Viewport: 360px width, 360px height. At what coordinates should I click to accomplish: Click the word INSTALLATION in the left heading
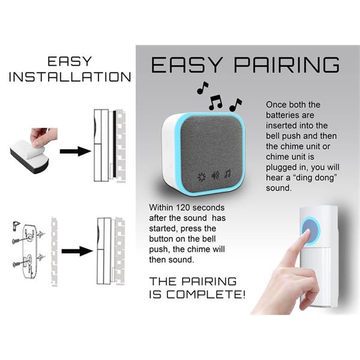70,77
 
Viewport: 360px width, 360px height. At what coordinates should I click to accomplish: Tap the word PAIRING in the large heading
287,65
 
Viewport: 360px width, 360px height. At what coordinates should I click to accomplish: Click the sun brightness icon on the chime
202,177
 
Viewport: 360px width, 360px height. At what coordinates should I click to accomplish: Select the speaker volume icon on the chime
215,175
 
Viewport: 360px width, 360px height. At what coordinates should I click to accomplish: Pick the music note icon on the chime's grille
228,174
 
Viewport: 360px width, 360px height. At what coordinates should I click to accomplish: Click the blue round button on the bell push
310,230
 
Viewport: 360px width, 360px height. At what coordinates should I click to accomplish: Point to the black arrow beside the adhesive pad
76,151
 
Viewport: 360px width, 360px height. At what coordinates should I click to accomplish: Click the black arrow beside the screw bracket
77,251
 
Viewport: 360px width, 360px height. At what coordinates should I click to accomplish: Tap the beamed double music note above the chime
215,102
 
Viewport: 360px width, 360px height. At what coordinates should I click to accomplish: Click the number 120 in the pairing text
183,208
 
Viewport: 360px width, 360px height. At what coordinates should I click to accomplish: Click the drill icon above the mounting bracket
16,225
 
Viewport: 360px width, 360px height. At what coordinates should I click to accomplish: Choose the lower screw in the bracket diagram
20,263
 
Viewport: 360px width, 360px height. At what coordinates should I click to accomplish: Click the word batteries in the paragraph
290,115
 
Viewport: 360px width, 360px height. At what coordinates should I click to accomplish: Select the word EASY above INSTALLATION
70,62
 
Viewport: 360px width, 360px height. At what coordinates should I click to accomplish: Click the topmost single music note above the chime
202,88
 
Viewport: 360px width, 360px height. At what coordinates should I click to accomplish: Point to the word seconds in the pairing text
208,208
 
